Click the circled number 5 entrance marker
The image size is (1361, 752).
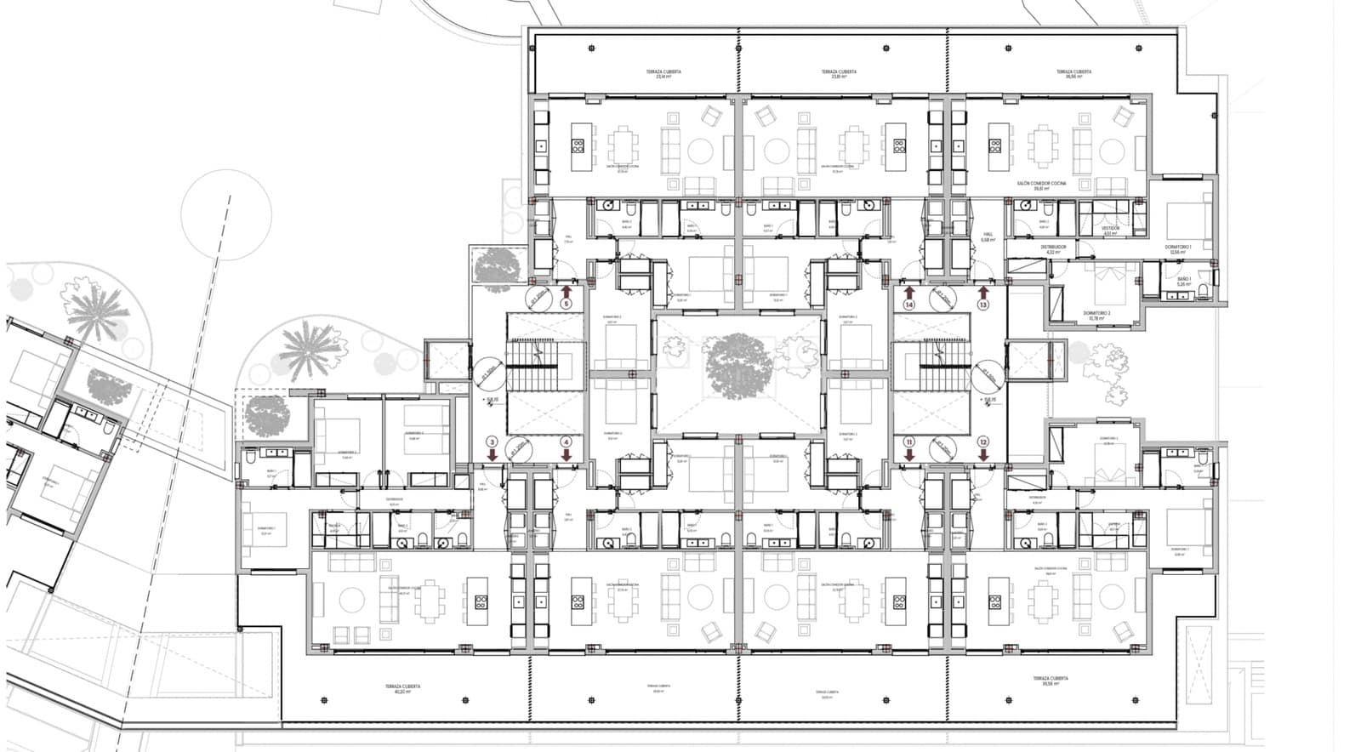click(x=567, y=304)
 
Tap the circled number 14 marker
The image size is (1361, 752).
click(x=909, y=304)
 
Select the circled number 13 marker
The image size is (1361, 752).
click(x=983, y=304)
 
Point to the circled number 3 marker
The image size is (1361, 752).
click(x=492, y=442)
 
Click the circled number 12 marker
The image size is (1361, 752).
click(x=983, y=442)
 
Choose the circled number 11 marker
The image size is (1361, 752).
click(x=909, y=442)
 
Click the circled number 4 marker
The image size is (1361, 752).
click(x=567, y=442)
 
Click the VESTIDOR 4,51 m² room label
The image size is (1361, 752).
click(x=1111, y=230)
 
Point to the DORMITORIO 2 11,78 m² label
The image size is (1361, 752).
click(x=1097, y=315)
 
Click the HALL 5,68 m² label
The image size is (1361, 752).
click(x=988, y=236)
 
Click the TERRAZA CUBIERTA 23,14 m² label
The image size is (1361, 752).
click(x=663, y=74)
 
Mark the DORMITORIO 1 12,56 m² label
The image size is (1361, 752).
click(x=1178, y=249)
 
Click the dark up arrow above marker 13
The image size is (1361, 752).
click(x=983, y=291)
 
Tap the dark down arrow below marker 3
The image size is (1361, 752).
click(x=492, y=454)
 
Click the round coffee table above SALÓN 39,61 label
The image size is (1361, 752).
click(x=1112, y=151)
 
